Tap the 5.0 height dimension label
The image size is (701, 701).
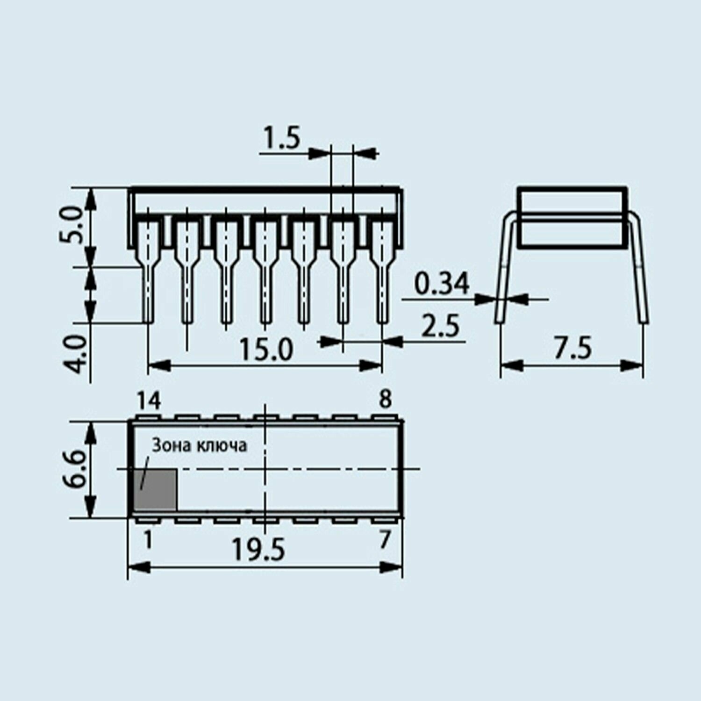pos(72,226)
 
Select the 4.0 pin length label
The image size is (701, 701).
pos(75,354)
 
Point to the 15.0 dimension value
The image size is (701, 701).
pos(266,350)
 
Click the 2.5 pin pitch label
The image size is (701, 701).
pos(440,326)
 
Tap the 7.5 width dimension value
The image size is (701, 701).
pos(572,348)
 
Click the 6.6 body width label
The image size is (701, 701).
pos(73,469)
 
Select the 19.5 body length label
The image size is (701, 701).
pos(258,550)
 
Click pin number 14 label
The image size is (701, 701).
pos(149,401)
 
